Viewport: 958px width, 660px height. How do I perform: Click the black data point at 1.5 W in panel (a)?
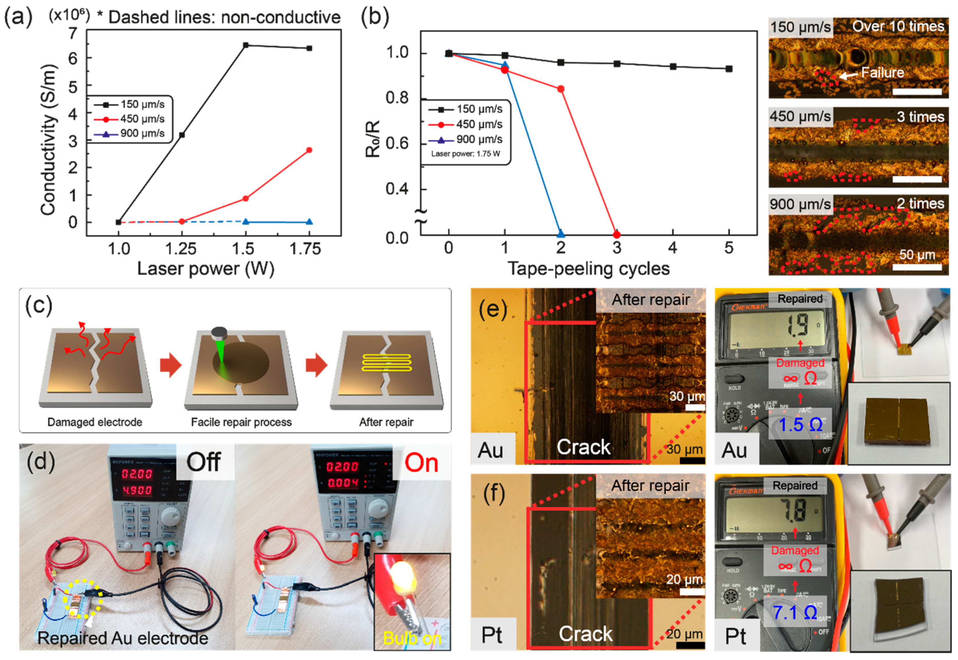(246, 45)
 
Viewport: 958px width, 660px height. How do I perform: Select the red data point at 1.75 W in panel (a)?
(309, 150)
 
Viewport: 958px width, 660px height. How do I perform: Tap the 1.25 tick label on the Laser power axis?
(180, 249)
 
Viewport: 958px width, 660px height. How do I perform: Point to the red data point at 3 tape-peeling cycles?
(617, 235)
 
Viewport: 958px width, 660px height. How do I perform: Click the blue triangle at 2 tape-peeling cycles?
(560, 234)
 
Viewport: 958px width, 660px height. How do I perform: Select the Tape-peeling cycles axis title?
(588, 269)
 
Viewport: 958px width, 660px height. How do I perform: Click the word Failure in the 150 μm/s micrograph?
(882, 73)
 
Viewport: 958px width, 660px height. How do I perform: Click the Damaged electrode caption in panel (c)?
(95, 422)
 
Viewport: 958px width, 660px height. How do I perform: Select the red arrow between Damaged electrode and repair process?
(170, 365)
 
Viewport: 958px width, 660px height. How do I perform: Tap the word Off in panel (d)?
(203, 462)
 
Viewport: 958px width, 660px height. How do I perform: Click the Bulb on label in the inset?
(412, 638)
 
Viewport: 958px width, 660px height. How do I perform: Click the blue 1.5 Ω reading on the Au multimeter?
(800, 425)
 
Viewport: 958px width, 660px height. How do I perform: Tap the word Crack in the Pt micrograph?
(585, 634)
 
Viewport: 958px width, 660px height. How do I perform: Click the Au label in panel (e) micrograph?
(491, 450)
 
